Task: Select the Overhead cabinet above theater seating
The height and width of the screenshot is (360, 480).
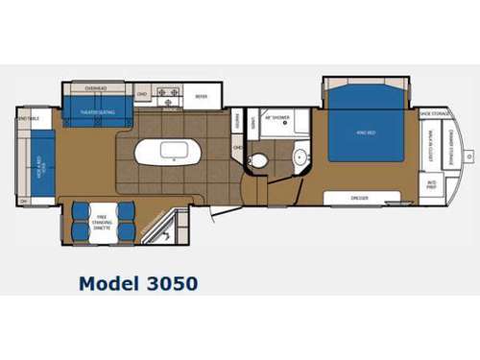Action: click(x=96, y=88)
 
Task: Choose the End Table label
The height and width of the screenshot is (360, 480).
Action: click(x=29, y=119)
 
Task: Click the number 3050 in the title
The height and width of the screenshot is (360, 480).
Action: click(x=168, y=283)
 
